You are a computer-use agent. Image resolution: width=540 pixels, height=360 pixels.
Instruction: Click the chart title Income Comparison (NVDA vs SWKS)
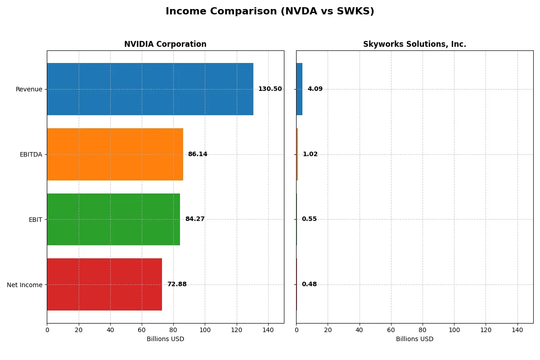(x=270, y=12)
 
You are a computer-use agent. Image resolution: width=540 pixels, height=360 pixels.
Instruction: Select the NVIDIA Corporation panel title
(x=165, y=44)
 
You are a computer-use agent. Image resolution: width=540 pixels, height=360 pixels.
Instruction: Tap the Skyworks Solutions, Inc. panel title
(x=414, y=44)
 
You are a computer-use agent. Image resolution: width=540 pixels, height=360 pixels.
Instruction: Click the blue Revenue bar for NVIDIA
(x=150, y=89)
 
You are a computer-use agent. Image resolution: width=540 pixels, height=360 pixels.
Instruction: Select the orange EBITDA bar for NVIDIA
(x=115, y=154)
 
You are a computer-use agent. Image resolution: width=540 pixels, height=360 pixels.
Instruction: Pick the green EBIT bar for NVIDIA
(x=113, y=219)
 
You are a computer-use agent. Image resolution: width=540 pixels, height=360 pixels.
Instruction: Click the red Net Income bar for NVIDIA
(x=104, y=284)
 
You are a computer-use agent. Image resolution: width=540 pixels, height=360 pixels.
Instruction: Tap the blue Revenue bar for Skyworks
(x=299, y=89)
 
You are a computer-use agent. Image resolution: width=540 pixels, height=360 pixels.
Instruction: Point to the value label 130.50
(x=270, y=89)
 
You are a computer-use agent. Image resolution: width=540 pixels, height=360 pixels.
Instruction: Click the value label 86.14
(x=198, y=154)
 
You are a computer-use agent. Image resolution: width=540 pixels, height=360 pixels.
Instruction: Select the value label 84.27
(x=195, y=219)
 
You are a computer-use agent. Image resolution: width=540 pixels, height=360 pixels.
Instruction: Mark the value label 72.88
(x=177, y=284)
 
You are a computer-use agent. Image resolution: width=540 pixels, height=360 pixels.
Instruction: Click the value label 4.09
(x=315, y=89)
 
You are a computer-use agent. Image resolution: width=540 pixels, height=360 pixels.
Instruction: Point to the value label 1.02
(x=310, y=154)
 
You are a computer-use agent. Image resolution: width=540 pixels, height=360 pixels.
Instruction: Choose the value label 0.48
(x=309, y=284)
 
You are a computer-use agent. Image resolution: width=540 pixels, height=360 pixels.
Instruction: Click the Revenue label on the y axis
(x=29, y=89)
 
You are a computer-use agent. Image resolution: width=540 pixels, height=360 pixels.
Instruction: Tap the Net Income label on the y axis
(x=25, y=284)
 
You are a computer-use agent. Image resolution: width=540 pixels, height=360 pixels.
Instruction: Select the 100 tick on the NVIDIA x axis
(x=205, y=330)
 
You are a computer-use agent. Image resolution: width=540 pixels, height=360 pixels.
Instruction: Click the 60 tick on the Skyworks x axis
(x=391, y=330)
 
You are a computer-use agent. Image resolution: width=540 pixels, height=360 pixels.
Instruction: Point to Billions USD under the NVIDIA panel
(x=165, y=339)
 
